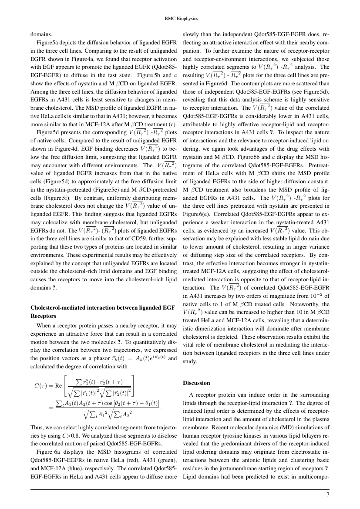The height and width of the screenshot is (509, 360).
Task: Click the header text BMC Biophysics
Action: (179, 19)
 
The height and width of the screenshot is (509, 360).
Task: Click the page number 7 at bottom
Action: (328, 494)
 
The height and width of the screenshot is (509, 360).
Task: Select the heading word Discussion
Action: (196, 383)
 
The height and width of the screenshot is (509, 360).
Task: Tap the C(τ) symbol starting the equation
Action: (42, 385)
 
